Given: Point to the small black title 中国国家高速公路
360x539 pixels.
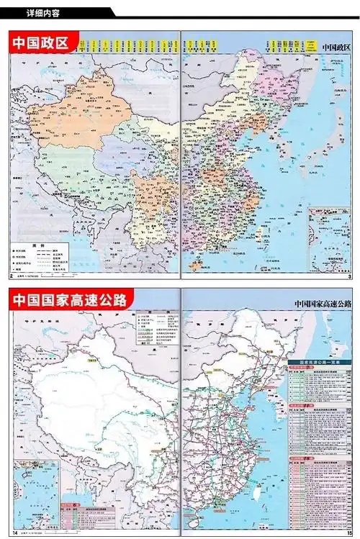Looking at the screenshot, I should click(324, 304).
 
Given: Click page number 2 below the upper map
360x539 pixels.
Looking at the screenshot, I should click(10, 276).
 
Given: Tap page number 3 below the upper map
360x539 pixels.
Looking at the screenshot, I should click(349, 276).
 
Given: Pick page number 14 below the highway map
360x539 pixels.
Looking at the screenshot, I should click(12, 533).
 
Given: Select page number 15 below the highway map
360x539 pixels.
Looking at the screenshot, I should click(348, 533).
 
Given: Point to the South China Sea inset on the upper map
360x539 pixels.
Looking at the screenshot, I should click(329, 237).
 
